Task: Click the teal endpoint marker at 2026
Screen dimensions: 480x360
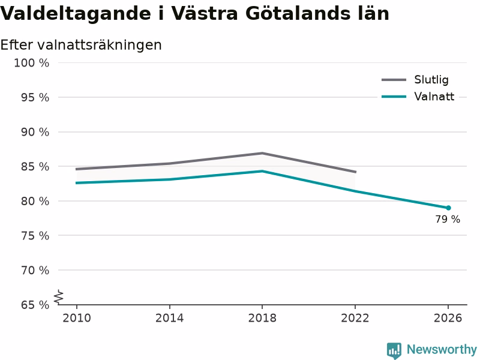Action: [x=448, y=208]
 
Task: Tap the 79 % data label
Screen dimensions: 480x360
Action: [x=448, y=219]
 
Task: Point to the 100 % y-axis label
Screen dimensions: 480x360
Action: [x=32, y=63]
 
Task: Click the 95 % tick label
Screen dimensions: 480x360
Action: [x=35, y=98]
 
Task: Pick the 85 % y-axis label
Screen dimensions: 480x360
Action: [x=35, y=167]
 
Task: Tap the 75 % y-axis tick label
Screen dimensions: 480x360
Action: [x=35, y=236]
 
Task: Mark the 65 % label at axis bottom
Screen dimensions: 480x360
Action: [x=35, y=305]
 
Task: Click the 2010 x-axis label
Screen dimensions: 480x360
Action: [x=77, y=318]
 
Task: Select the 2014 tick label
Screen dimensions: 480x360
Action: [x=169, y=318]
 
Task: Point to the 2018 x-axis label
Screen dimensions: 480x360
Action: [x=262, y=318]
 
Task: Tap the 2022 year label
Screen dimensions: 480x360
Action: [x=355, y=318]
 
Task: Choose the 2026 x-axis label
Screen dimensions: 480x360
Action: [x=448, y=318]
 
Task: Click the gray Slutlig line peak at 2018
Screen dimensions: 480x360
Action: [x=262, y=153]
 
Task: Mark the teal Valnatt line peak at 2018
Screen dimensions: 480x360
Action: [x=262, y=171]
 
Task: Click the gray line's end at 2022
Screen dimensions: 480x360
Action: [x=355, y=172]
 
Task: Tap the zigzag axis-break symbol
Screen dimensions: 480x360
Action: [x=58, y=297]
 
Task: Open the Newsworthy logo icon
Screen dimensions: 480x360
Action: [x=394, y=350]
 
